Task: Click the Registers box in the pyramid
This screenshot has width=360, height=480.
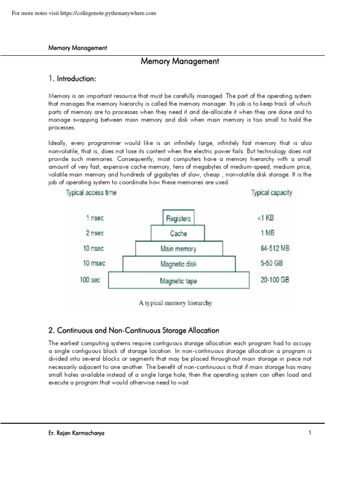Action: coord(178,218)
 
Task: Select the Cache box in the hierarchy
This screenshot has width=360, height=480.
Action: coord(178,233)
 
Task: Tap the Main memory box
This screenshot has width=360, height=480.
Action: coord(178,249)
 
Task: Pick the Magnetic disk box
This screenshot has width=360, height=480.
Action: coord(178,264)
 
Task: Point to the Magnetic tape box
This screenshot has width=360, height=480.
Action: coord(178,281)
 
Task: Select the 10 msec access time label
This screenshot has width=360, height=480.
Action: coord(94,263)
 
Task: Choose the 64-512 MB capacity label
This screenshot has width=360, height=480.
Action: coord(275,248)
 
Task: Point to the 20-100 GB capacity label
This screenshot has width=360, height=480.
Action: coord(275,280)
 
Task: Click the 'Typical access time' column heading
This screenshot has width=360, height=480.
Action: coord(91,193)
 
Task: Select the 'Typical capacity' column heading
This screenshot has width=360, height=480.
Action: coord(271,193)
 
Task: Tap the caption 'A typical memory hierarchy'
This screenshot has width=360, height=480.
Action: coord(175,303)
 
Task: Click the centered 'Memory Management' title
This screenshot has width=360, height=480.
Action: coord(180,61)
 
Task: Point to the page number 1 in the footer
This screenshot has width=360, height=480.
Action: coord(310,433)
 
